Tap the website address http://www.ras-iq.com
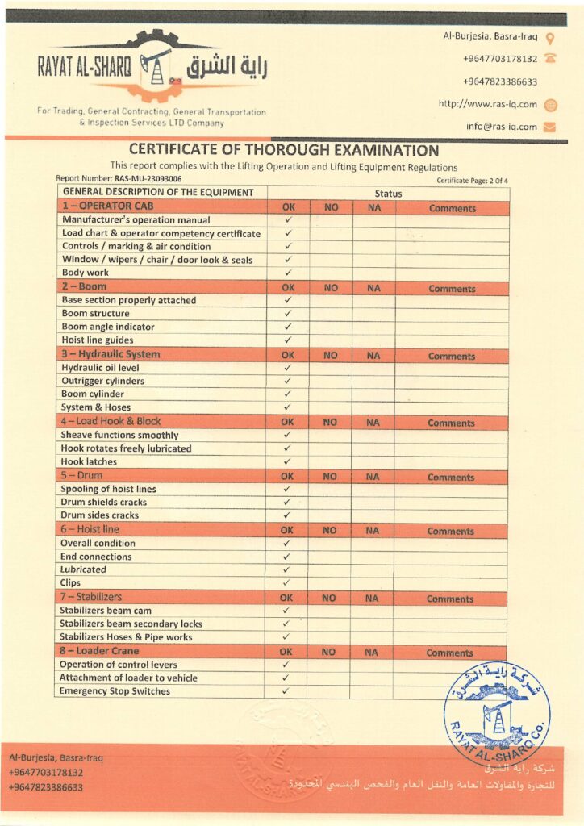tap(487, 104)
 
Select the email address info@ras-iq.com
tap(501, 127)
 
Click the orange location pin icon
tap(550, 37)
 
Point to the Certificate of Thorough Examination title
tap(284, 151)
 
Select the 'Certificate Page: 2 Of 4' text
tap(472, 180)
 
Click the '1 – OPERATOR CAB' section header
tap(108, 206)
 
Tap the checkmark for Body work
tap(288, 273)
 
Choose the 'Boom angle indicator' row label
tap(108, 327)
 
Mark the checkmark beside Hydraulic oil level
tap(288, 368)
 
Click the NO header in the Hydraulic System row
tap(330, 355)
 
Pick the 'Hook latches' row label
tap(90, 461)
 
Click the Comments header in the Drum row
tap(451, 477)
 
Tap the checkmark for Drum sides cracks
tap(288, 515)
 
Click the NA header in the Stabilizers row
tap(372, 599)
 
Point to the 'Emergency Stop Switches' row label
tap(115, 691)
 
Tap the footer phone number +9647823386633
tap(46, 787)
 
